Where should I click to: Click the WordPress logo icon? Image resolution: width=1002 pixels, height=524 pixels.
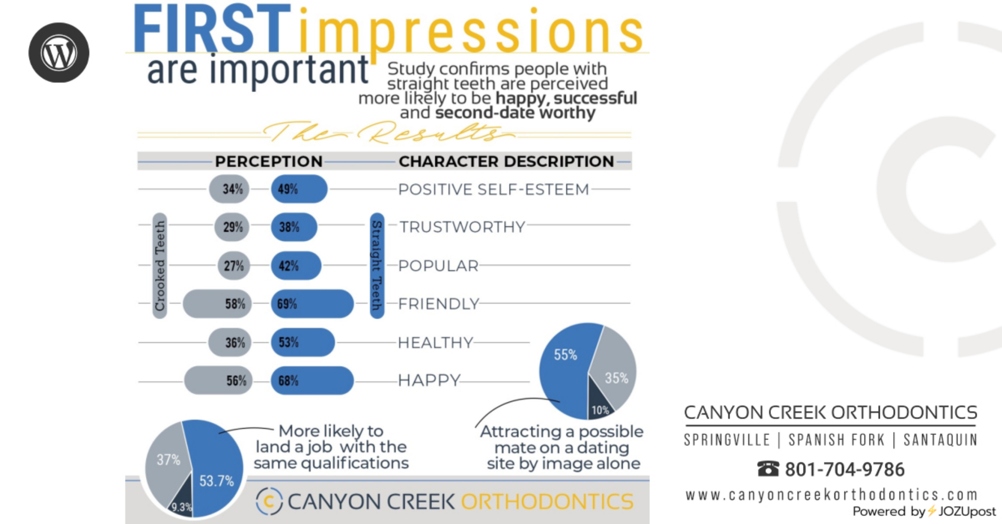59,53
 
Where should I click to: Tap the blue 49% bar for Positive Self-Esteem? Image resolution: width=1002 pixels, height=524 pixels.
299,189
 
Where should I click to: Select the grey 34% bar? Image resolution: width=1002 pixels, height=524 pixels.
229,189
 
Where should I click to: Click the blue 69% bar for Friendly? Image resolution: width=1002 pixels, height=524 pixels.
312,304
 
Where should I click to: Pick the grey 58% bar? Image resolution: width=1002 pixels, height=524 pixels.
217,304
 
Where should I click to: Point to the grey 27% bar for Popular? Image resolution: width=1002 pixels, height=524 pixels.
234,266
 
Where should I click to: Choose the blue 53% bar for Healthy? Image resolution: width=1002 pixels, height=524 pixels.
303,343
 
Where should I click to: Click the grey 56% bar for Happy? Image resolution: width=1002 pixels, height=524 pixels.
218,380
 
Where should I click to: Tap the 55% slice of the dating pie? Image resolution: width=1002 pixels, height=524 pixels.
566,367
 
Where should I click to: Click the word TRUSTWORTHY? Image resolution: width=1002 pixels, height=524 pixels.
462,227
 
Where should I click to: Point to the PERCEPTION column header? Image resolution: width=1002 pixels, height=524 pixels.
269,161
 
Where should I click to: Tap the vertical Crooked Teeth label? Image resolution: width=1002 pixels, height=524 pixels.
160,266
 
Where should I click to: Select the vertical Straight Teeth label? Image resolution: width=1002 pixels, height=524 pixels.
377,266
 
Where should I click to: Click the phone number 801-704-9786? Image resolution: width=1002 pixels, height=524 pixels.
845,469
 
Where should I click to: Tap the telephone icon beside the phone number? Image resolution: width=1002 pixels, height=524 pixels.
768,469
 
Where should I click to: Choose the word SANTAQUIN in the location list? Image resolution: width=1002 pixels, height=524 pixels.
940,440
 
